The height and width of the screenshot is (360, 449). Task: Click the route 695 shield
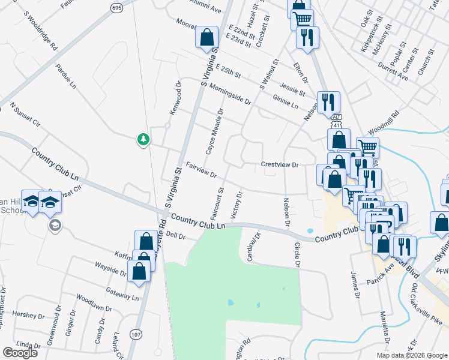pyautogui.click(x=117, y=7)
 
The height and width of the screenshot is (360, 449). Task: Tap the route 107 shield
pyautogui.click(x=136, y=334)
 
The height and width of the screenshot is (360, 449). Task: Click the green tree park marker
pyautogui.click(x=143, y=139)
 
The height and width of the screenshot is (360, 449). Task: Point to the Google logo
pyautogui.click(x=19, y=353)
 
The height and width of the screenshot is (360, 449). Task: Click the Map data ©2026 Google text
pyautogui.click(x=411, y=355)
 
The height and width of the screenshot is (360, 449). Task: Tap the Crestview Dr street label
pyautogui.click(x=279, y=164)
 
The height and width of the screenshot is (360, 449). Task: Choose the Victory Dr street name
pyautogui.click(x=236, y=205)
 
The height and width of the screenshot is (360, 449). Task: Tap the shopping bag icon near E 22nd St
pyautogui.click(x=206, y=37)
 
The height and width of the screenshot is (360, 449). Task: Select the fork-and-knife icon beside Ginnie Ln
pyautogui.click(x=328, y=101)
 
